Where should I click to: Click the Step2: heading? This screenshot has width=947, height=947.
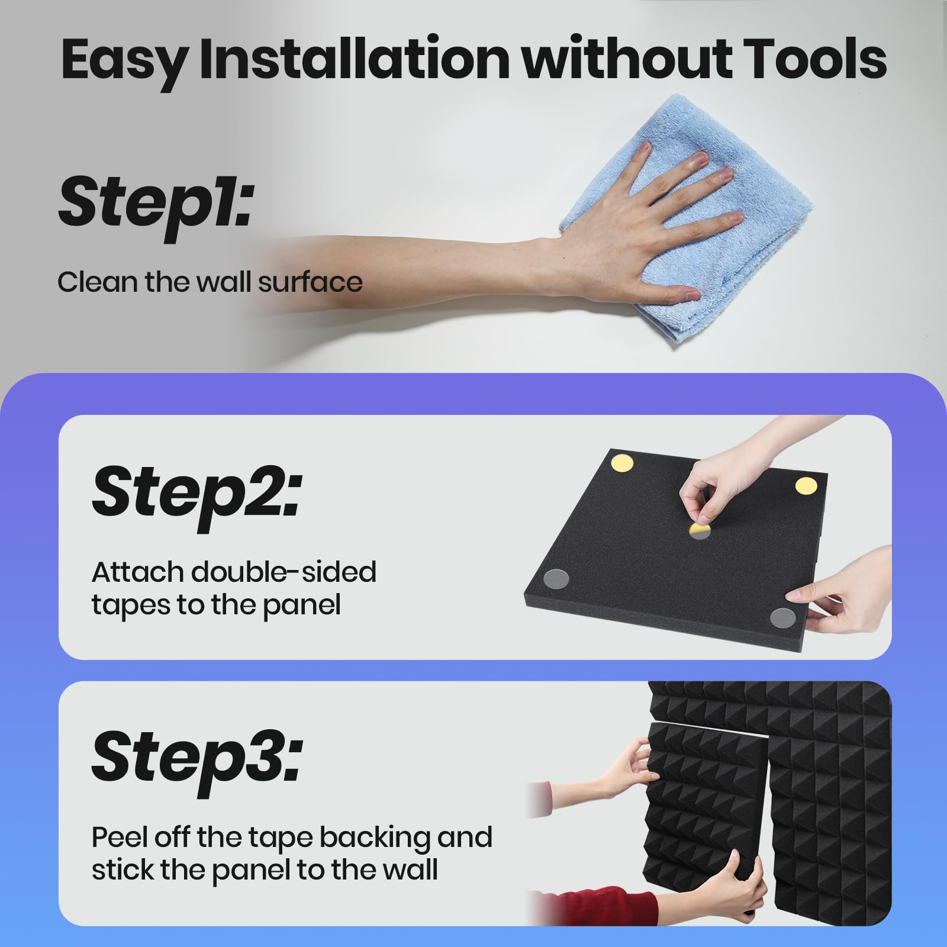click(x=197, y=492)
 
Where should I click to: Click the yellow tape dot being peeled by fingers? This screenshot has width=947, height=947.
click(x=700, y=530)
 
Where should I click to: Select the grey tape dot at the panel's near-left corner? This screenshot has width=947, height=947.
click(x=556, y=578)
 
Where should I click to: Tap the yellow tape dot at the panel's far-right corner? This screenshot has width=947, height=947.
click(x=806, y=486)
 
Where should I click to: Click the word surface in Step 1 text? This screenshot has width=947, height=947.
click(x=310, y=282)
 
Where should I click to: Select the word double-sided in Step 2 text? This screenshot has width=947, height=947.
click(x=284, y=572)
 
